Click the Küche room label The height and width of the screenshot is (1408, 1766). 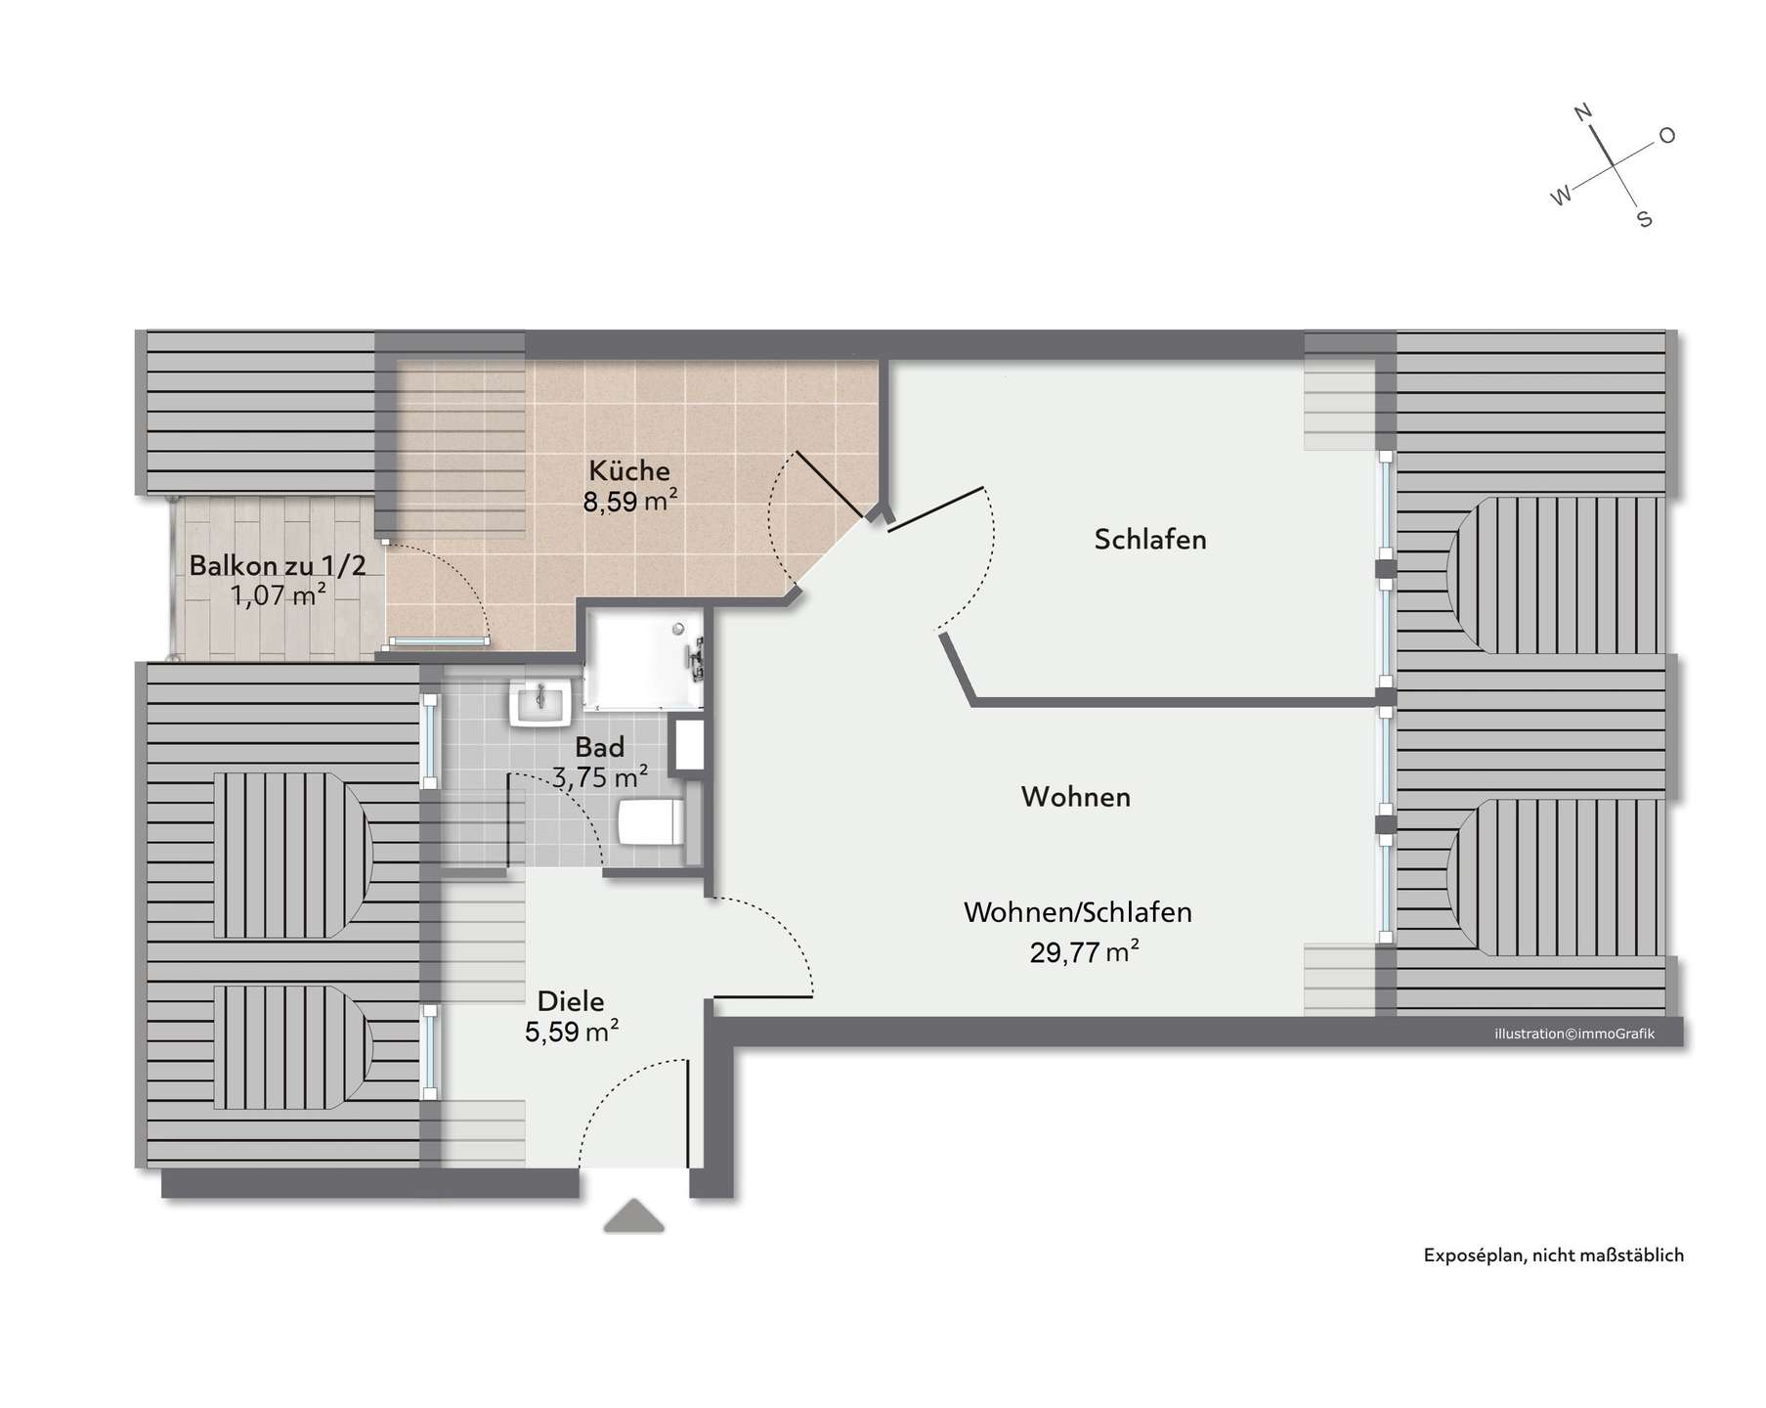tap(629, 471)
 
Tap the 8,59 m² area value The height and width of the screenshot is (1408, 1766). tap(630, 503)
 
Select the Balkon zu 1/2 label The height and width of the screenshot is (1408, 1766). tap(278, 566)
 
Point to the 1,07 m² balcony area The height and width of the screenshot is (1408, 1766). tap(278, 595)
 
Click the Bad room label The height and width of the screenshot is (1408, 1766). tap(599, 748)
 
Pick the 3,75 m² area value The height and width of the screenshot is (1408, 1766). tap(600, 778)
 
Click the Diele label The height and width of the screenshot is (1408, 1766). tap(571, 1002)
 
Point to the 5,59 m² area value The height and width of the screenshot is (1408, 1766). tap(572, 1033)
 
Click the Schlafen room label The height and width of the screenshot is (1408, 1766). tap(1150, 540)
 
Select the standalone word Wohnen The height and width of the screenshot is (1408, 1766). tap(1076, 797)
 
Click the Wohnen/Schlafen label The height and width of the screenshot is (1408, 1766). tap(1078, 912)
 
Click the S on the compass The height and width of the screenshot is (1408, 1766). tap(1645, 220)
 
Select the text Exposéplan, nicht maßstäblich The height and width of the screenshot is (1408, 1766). tap(1553, 1256)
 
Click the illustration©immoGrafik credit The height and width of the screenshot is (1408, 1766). tap(1574, 1034)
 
